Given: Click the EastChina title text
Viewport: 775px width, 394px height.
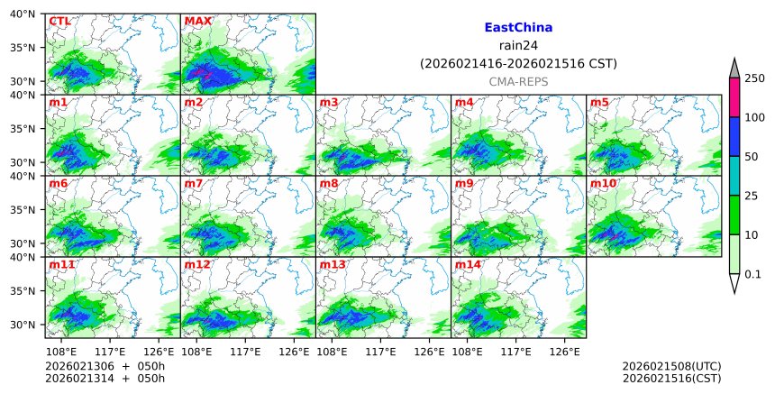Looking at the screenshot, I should [518, 28].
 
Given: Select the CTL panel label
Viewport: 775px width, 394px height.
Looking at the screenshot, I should [59, 21].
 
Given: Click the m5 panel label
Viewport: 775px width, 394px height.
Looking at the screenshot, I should [599, 103].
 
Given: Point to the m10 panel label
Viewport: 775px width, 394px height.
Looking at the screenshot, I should [603, 184].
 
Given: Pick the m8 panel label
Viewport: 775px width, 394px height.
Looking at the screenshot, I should [329, 184].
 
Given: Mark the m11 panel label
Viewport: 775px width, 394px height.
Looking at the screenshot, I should [62, 265].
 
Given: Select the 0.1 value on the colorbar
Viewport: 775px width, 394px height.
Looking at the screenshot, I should [753, 274].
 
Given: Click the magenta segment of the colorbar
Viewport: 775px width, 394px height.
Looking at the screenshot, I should [734, 97].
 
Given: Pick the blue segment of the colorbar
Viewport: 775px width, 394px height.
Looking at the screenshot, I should [734, 136].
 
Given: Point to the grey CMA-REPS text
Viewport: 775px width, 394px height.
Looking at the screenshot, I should [518, 82].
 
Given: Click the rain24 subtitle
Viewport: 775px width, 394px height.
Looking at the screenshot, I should [518, 46].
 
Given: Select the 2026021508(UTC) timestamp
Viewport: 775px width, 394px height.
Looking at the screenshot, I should [671, 366].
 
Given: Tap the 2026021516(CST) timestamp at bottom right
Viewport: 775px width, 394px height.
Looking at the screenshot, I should [671, 378].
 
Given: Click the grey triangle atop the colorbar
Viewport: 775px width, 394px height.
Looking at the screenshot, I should [734, 69].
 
